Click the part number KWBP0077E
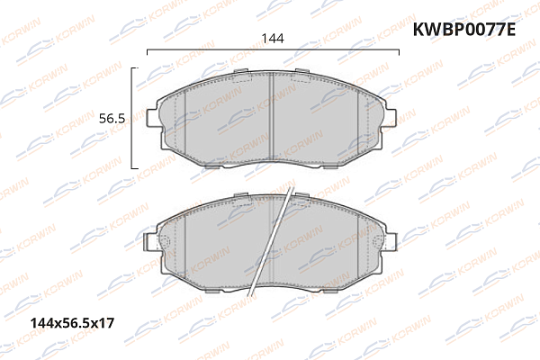[x=465, y=31]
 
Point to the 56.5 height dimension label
[x=111, y=118]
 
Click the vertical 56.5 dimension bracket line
[x=134, y=117]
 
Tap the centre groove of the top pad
[x=272, y=117]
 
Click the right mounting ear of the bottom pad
[x=388, y=241]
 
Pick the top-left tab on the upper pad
[x=241, y=71]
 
